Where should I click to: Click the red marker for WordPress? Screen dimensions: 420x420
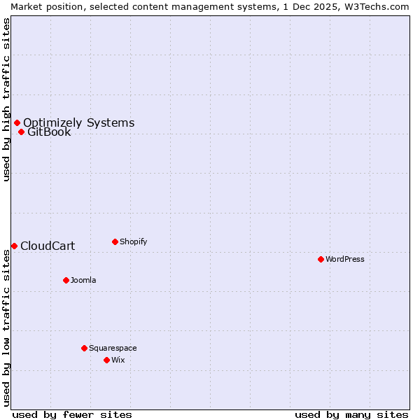[x=321, y=259]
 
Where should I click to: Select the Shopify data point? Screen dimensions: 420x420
[x=115, y=241]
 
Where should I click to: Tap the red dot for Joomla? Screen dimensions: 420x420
[x=66, y=280]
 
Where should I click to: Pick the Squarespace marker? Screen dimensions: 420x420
[x=84, y=348]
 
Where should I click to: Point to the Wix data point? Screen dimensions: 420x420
[x=106, y=360]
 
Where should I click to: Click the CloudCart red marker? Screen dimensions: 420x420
[x=14, y=246]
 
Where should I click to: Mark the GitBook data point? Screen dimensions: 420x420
[x=21, y=132]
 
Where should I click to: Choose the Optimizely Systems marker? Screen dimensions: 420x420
[x=17, y=123]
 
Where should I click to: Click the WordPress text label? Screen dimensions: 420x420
[x=345, y=259]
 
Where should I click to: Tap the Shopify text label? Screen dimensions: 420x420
[x=134, y=241]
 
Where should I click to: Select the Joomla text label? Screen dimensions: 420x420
[x=83, y=280]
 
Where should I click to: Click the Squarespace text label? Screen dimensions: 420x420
[x=113, y=348]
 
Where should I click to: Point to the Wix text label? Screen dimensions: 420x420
[x=118, y=360]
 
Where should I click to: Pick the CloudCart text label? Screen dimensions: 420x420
[x=48, y=246]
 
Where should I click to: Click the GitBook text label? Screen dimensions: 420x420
[x=49, y=132]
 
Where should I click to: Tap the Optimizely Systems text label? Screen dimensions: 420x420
[x=78, y=123]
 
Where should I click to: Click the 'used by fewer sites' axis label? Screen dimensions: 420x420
[x=72, y=414]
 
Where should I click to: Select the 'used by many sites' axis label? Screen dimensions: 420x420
[x=351, y=414]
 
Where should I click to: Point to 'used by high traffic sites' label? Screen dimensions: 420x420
[x=6, y=99]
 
